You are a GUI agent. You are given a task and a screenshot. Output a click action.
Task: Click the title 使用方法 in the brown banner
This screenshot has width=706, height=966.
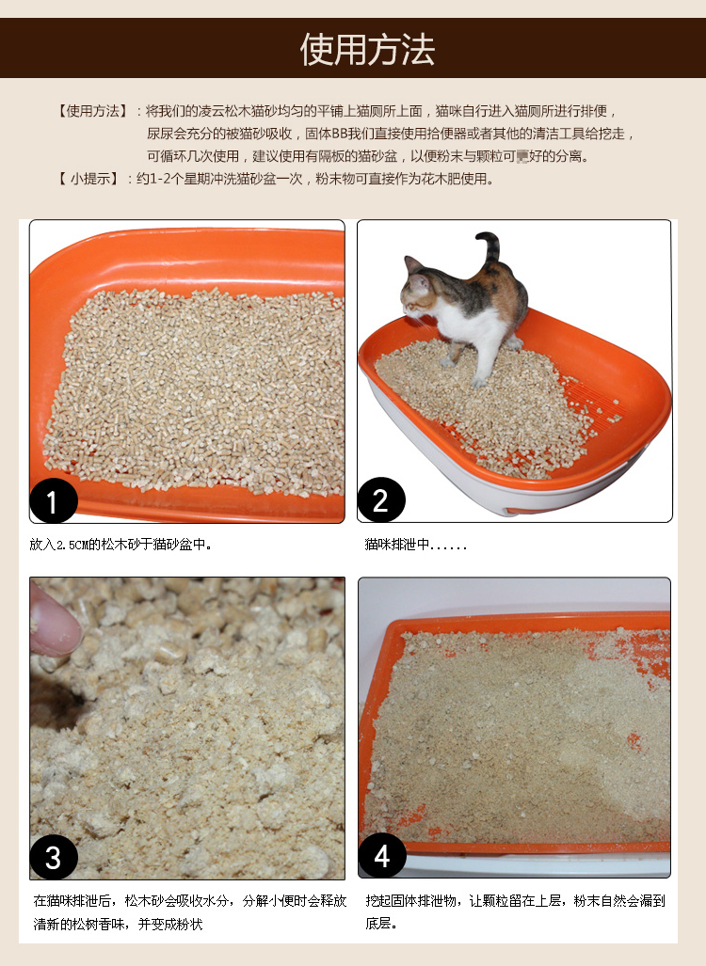[x=367, y=49]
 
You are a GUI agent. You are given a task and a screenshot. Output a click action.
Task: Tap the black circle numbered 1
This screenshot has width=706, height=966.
[x=53, y=500]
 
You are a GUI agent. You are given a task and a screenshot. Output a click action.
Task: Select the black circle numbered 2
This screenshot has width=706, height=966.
[x=380, y=499]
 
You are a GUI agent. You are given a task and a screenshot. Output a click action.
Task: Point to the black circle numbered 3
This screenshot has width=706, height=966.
[x=53, y=857]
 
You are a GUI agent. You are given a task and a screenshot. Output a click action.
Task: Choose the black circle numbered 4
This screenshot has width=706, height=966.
[x=381, y=856]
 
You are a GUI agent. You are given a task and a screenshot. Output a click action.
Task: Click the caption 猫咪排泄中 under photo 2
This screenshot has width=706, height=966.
[x=397, y=545]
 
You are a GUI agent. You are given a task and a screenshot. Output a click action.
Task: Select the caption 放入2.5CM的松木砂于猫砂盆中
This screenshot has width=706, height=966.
[x=120, y=545]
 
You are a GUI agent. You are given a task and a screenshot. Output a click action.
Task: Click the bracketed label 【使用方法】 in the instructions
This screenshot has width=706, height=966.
[x=93, y=111]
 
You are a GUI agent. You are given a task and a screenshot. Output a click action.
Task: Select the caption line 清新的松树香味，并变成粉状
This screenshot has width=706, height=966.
[x=118, y=924]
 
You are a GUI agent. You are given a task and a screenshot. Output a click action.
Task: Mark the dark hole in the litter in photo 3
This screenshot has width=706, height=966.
[x=56, y=703]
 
